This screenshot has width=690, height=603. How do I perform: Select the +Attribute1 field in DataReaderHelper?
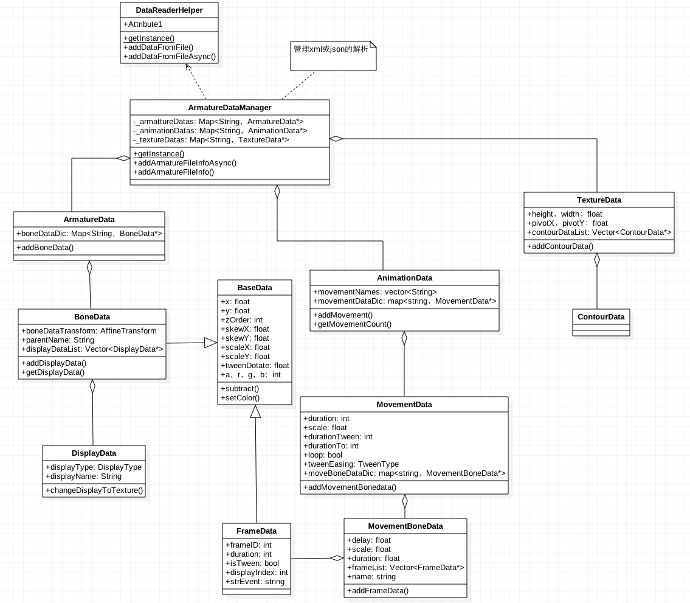coord(143,24)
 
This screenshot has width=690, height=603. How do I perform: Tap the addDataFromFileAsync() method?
coord(170,57)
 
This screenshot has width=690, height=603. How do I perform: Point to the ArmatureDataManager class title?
coord(230,107)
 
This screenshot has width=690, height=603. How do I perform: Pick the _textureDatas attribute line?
coord(211,139)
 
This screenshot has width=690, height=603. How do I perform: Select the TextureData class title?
coord(599,200)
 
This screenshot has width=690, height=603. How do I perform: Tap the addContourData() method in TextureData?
coord(560,246)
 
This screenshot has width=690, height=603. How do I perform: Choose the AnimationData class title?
coord(404,277)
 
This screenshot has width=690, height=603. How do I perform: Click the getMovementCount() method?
coord(353,324)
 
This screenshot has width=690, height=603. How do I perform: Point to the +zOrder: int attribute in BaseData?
coord(241,320)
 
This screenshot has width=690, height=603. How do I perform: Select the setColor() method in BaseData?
coord(240,398)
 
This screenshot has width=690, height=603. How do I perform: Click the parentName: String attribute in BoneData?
coord(58,340)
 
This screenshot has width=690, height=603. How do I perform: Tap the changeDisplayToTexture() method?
coord(94,490)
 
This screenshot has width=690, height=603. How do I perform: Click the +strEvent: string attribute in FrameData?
coord(255,582)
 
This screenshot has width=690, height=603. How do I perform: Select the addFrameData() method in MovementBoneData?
coord(378,590)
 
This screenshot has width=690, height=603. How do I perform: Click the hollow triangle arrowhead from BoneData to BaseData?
coord(210,343)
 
